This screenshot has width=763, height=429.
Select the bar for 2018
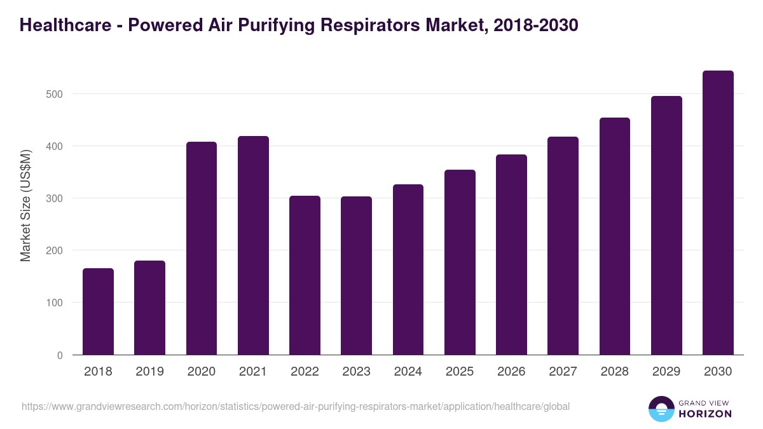tap(98, 311)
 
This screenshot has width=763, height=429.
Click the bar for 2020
tap(202, 248)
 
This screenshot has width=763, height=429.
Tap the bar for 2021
tap(253, 245)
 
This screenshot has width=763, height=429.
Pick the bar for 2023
tap(356, 275)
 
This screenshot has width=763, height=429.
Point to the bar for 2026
tap(511, 254)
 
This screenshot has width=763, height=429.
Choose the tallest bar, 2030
tap(718, 212)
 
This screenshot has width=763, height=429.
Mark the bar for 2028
tap(615, 236)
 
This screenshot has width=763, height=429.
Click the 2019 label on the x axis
tap(149, 372)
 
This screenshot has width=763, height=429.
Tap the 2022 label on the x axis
tap(305, 372)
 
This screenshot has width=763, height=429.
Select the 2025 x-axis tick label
tap(460, 372)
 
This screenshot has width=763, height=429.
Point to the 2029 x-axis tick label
tap(666, 372)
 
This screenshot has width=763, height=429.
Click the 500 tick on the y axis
tap(55, 94)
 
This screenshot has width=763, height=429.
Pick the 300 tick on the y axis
tap(55, 198)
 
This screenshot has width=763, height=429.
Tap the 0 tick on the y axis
tap(60, 355)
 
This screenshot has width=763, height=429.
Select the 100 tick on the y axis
tap(55, 303)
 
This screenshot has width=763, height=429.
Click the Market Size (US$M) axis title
tap(25, 205)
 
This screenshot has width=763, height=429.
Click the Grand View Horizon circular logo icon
tap(661, 409)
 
